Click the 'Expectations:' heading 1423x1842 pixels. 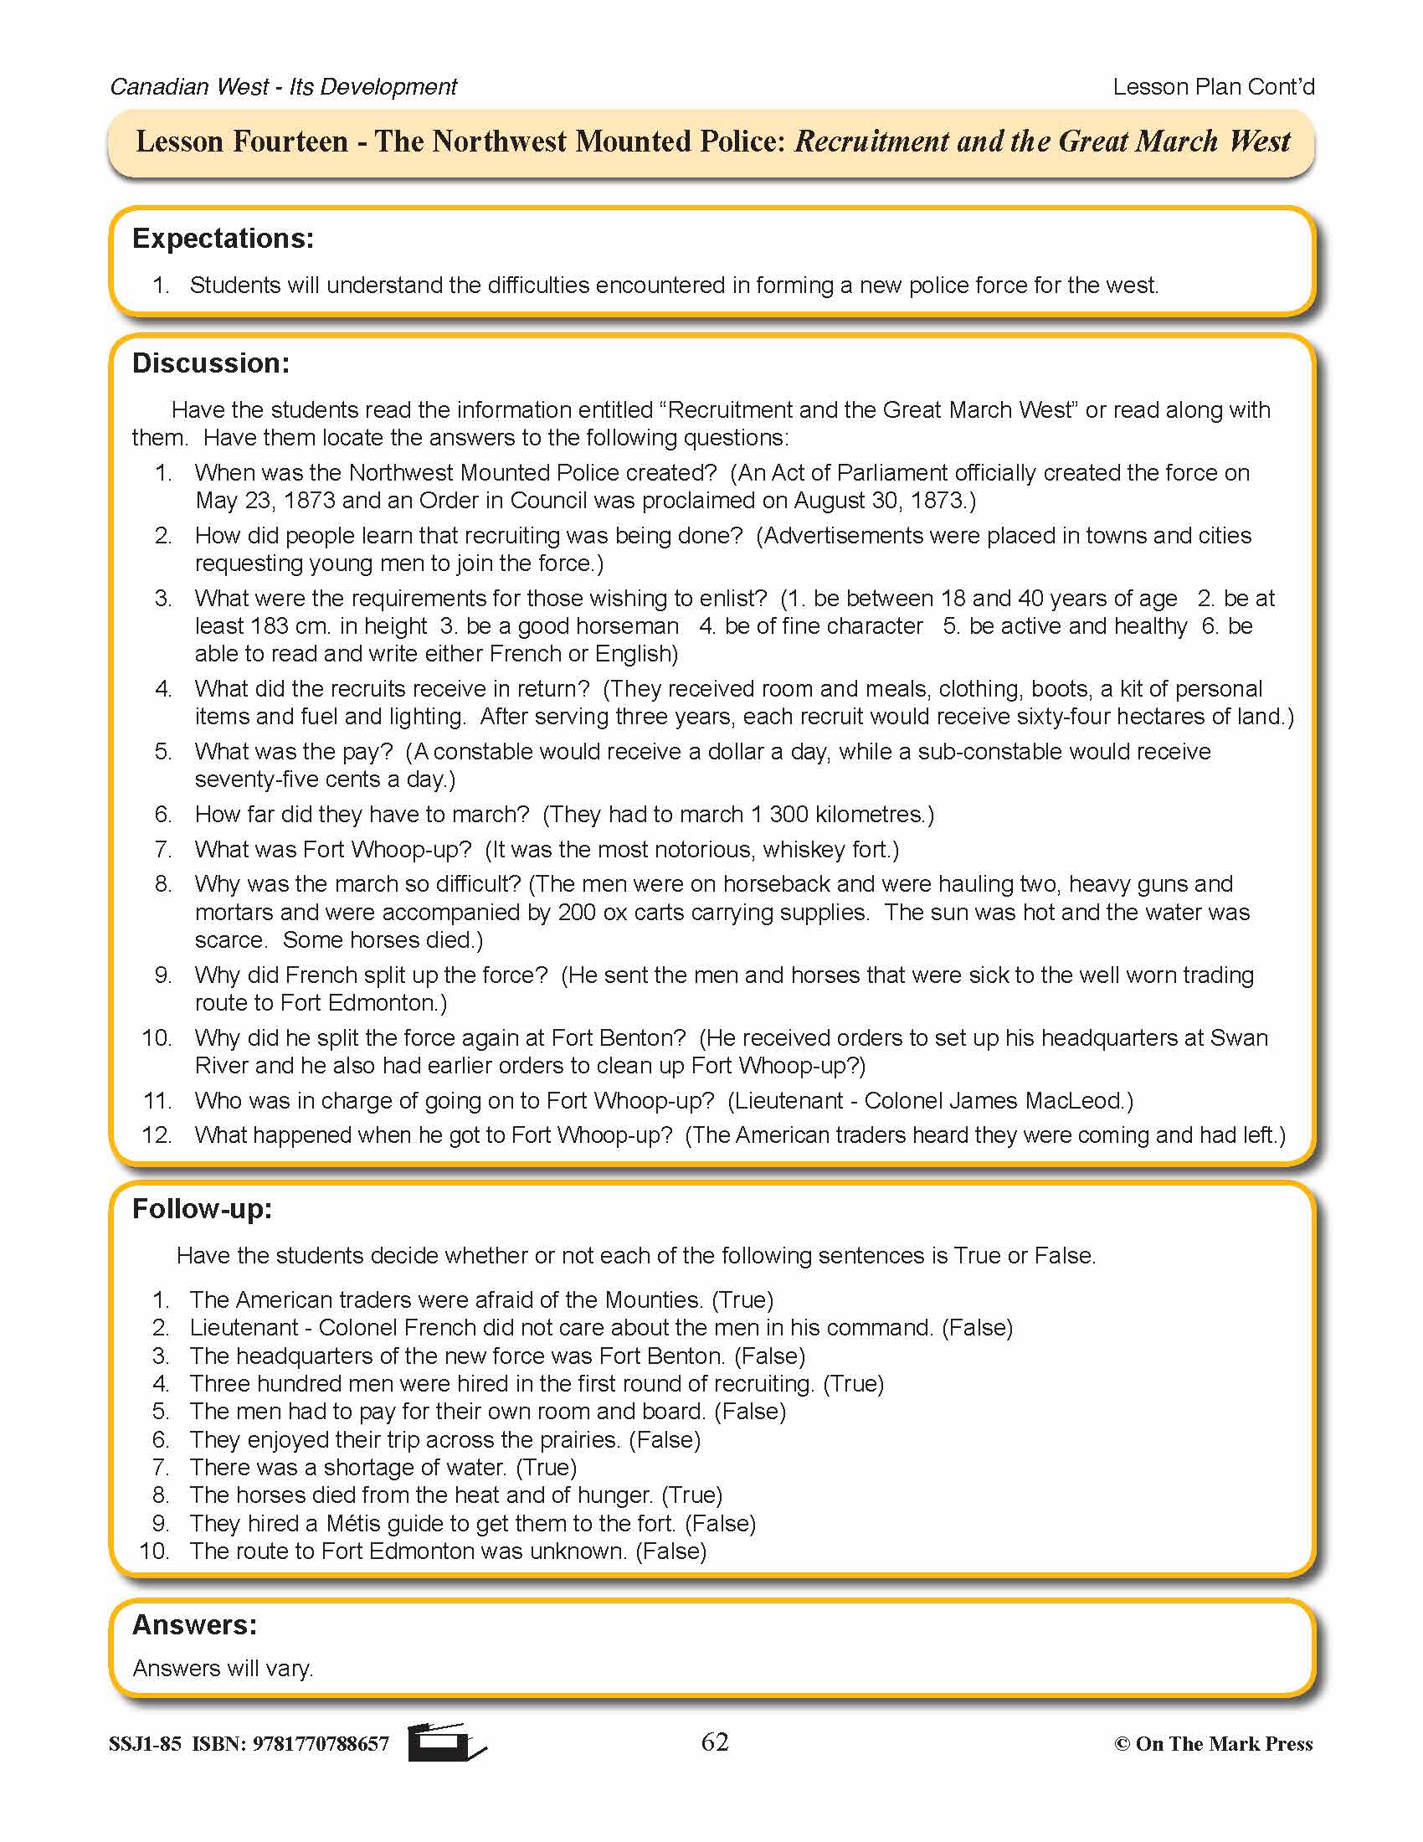pos(223,239)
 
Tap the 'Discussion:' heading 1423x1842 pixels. pos(211,363)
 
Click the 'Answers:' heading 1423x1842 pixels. pos(195,1624)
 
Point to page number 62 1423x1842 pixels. pos(714,1742)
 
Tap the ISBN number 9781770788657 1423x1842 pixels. pos(321,1744)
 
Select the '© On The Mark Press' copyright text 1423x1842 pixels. pos(1213,1744)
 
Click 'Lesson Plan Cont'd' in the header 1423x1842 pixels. pos(1213,87)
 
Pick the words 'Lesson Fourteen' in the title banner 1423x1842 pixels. pos(242,141)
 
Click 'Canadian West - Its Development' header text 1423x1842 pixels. pos(283,87)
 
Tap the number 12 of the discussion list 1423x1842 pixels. pos(157,1135)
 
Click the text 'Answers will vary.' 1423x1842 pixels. pos(223,1668)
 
